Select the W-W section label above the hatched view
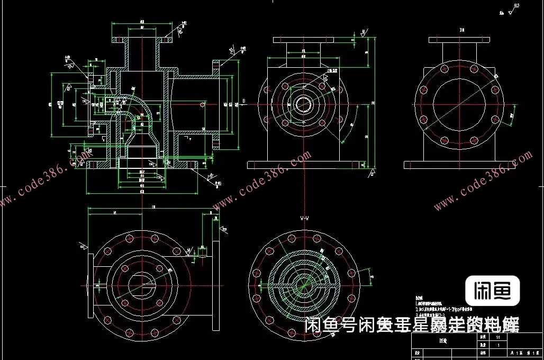coord(304,218)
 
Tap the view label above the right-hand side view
coord(461,30)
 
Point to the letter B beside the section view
coord(243,100)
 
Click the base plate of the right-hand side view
coord(459,165)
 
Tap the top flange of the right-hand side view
coord(459,40)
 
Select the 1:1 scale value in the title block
coord(497,336)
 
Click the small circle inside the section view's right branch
coord(203,105)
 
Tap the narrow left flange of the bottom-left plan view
coord(90,286)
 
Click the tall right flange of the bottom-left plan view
coord(215,286)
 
